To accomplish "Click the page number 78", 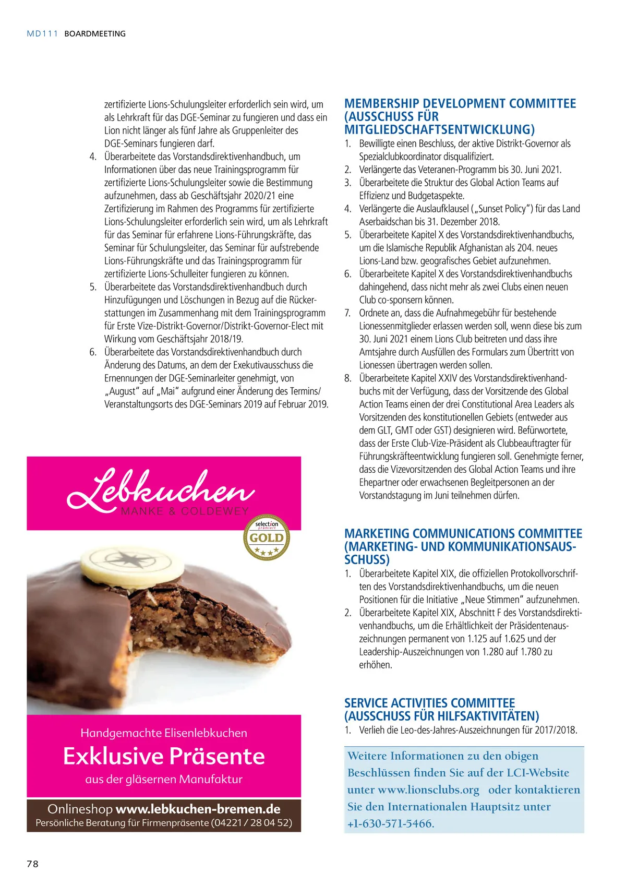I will (x=32, y=864).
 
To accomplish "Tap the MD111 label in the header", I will (x=42, y=33).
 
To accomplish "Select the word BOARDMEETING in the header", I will (x=95, y=33).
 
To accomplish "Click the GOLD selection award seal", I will (x=267, y=537).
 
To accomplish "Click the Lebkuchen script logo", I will (x=161, y=489).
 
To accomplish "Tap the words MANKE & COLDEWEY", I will (x=185, y=511).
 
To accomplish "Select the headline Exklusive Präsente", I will (x=164, y=756).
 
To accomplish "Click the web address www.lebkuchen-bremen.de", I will (x=198, y=809).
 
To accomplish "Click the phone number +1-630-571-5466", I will (x=391, y=823).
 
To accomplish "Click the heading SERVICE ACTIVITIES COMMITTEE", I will (x=429, y=703).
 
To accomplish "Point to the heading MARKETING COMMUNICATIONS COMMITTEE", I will (x=463, y=533).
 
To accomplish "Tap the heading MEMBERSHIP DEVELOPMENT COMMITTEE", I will (x=460, y=103).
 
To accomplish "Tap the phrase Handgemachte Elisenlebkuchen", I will (x=164, y=733).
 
